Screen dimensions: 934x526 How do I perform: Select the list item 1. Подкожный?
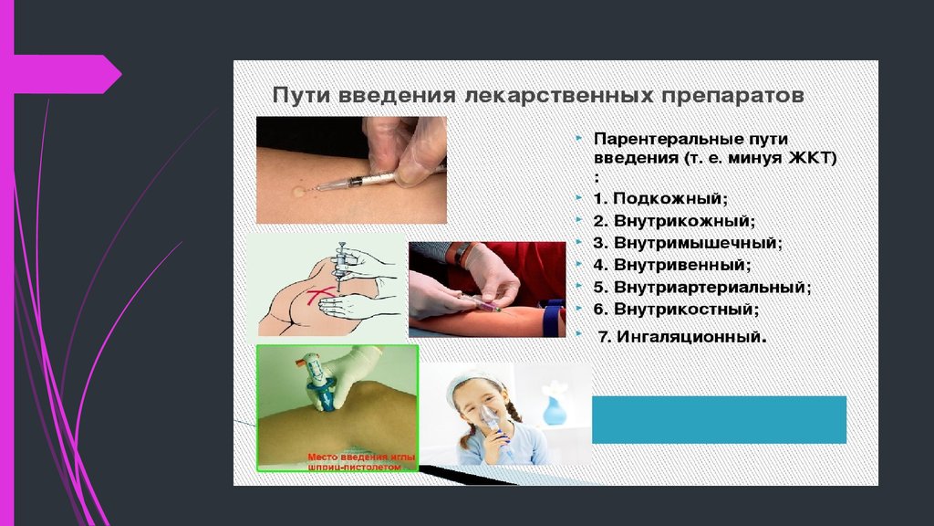coord(660,198)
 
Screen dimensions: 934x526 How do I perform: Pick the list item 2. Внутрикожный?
coord(674,221)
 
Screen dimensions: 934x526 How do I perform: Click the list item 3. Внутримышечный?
coord(688,243)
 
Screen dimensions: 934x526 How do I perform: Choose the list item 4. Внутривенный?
coord(672,265)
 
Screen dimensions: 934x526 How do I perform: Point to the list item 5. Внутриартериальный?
coord(702,288)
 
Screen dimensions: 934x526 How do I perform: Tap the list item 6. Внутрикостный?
coord(676,310)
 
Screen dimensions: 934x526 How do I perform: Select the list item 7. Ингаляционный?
coord(682,337)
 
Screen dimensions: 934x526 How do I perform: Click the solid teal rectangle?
coord(719,420)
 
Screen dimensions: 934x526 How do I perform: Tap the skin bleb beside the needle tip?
coord(298,192)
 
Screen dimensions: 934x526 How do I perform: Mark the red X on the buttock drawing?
coord(320,296)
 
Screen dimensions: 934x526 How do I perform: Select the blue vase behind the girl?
coord(555,406)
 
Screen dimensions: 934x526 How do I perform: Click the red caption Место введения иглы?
coord(361,458)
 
